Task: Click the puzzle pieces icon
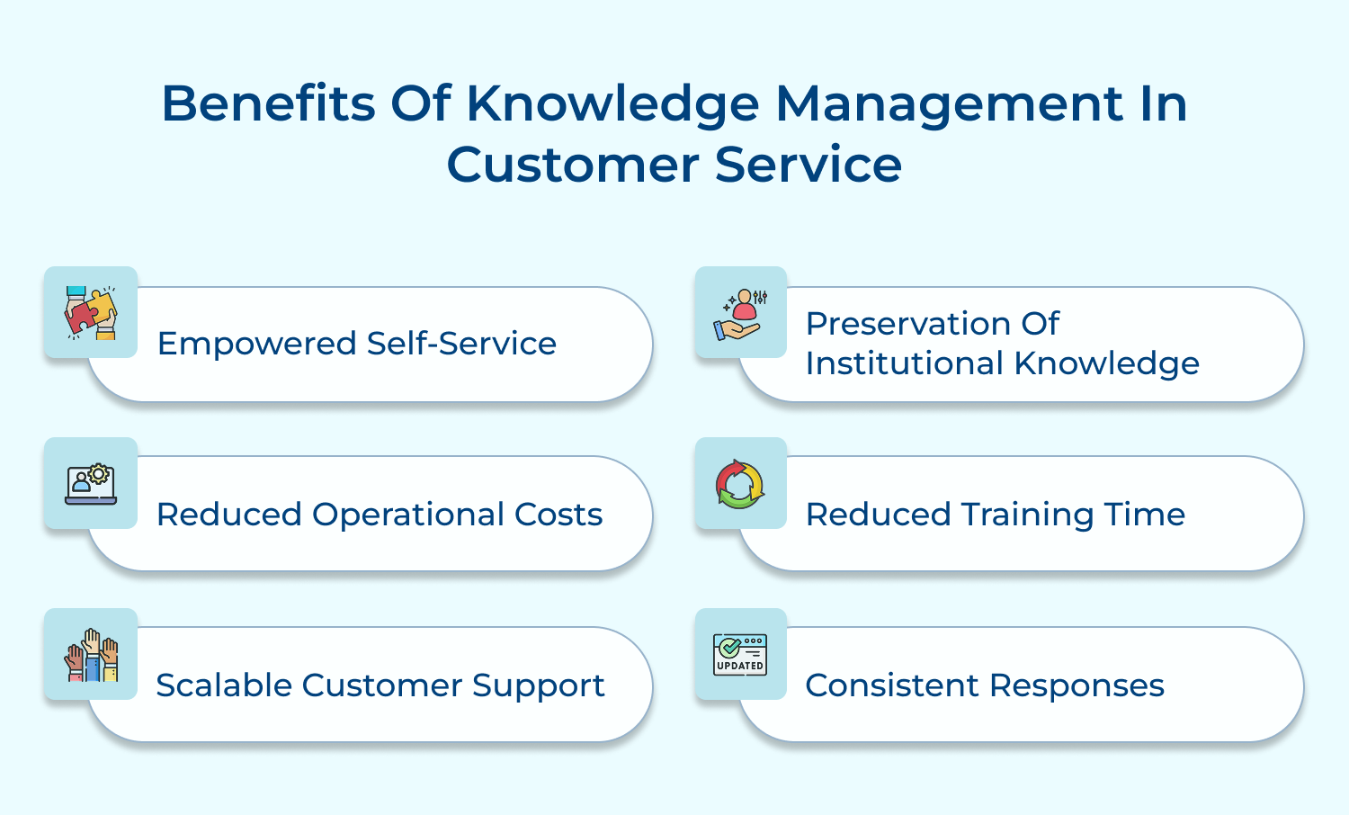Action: click(91, 312)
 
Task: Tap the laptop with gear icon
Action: click(91, 484)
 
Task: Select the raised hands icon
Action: click(91, 655)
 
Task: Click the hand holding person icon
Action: click(741, 313)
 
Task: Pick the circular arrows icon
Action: click(740, 484)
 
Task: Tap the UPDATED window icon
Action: click(740, 655)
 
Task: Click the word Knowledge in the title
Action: click(613, 104)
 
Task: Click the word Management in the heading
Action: click(949, 104)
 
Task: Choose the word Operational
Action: click(407, 515)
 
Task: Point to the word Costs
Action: click(558, 515)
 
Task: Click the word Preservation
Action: click(907, 323)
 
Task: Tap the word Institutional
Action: click(904, 363)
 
